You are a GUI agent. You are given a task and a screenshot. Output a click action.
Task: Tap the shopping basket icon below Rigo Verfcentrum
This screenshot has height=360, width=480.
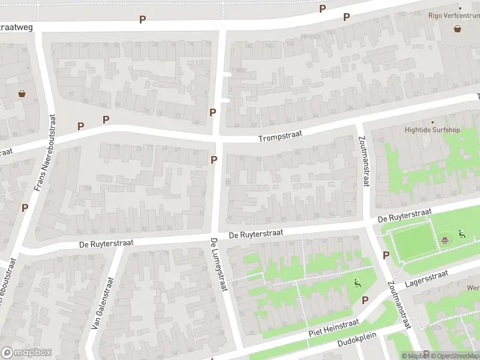[x=458, y=28]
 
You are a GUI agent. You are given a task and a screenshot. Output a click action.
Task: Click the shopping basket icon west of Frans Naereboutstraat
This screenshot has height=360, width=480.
[x=22, y=94]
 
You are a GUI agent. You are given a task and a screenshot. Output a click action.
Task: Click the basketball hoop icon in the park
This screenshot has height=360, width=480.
[x=445, y=241]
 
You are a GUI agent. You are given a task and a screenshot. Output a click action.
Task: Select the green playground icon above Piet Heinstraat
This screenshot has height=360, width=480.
[x=358, y=284]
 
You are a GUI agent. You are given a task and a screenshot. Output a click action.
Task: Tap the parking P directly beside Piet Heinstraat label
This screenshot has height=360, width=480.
[x=365, y=300]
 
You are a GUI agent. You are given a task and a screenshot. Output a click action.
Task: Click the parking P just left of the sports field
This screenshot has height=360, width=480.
[x=386, y=255]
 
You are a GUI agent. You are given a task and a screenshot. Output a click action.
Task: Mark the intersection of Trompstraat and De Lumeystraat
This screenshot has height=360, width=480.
[x=218, y=138]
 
